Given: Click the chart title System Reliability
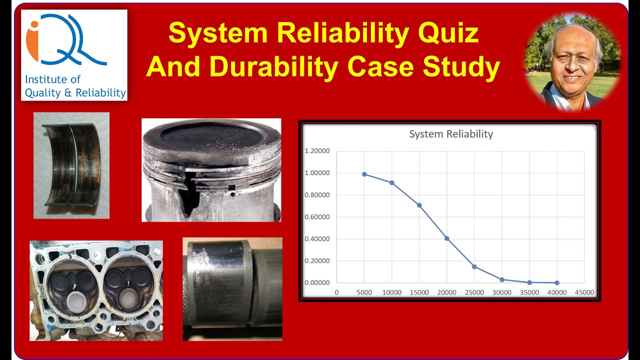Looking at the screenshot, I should tap(451, 134).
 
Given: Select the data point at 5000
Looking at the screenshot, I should tap(364, 174).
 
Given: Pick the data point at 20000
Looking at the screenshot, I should tap(447, 238).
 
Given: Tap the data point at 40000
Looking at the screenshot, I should tap(557, 283).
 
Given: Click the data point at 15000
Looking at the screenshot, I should tap(419, 205).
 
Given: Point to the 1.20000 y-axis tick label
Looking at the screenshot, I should tap(317, 151).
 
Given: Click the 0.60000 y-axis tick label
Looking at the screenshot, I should tap(317, 217).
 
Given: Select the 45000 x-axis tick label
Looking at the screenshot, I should tap(584, 292).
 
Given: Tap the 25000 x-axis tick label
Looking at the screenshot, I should tap(474, 292).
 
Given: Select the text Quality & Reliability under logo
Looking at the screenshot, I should tap(75, 92).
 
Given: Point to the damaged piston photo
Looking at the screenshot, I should tap(211, 170).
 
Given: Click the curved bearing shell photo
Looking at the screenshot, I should tap(71, 165).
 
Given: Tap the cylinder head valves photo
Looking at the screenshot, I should tap(96, 290).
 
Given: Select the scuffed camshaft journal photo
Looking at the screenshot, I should tap(232, 288).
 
